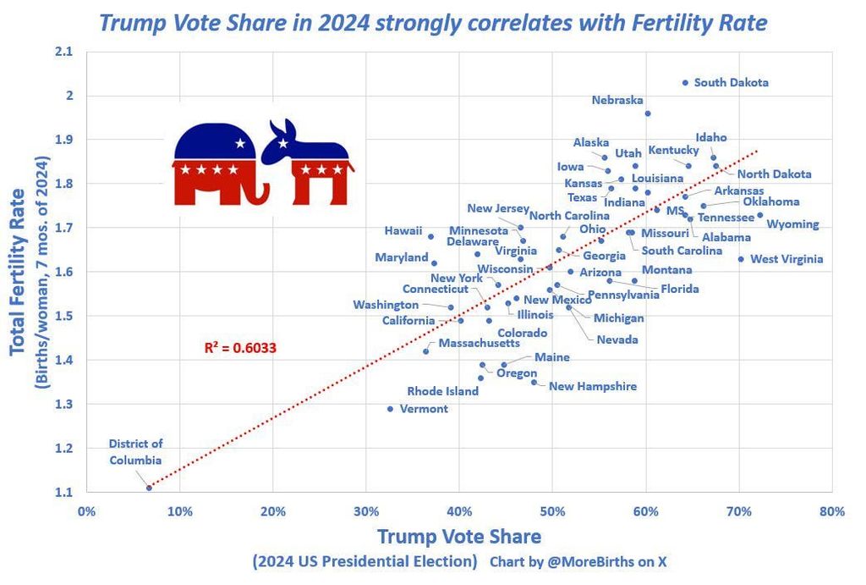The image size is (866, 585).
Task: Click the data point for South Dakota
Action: pyautogui.click(x=685, y=83)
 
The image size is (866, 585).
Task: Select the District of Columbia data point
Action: pyautogui.click(x=149, y=488)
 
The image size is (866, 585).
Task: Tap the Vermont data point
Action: pyautogui.click(x=390, y=409)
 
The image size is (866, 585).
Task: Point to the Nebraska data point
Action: pyautogui.click(x=648, y=113)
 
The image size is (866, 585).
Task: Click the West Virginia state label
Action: pyautogui.click(x=787, y=259)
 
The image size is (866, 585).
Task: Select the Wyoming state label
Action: pyautogui.click(x=792, y=224)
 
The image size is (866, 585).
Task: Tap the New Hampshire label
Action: pyautogui.click(x=593, y=386)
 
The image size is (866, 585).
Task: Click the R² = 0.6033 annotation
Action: pyautogui.click(x=240, y=347)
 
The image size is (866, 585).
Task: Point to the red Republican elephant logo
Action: pyautogui.click(x=216, y=164)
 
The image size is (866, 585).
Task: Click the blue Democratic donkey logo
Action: pyautogui.click(x=307, y=163)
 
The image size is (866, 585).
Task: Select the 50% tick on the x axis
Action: pyautogui.click(x=552, y=510)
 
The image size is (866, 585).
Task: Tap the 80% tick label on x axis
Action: pyautogui.click(x=832, y=510)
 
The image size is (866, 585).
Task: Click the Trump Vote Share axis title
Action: pyautogui.click(x=458, y=536)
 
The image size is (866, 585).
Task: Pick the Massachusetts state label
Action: pyautogui.click(x=480, y=344)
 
